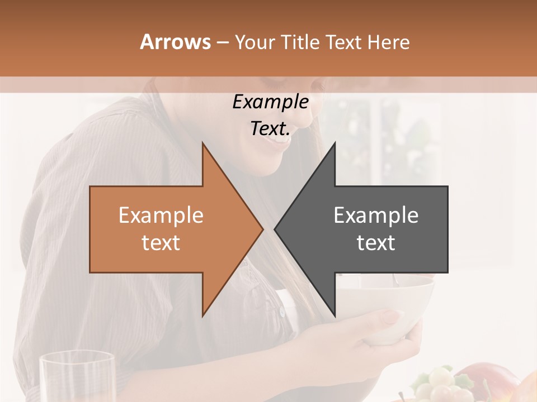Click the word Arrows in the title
[x=175, y=42]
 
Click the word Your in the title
[x=255, y=42]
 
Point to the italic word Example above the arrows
[x=270, y=102]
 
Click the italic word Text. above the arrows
[x=270, y=129]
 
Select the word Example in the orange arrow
[x=161, y=216]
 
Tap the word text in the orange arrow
[x=161, y=243]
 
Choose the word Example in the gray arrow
[x=376, y=216]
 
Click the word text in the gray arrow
[x=376, y=243]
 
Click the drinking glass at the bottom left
[x=77, y=377]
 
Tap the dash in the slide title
[x=222, y=42]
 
